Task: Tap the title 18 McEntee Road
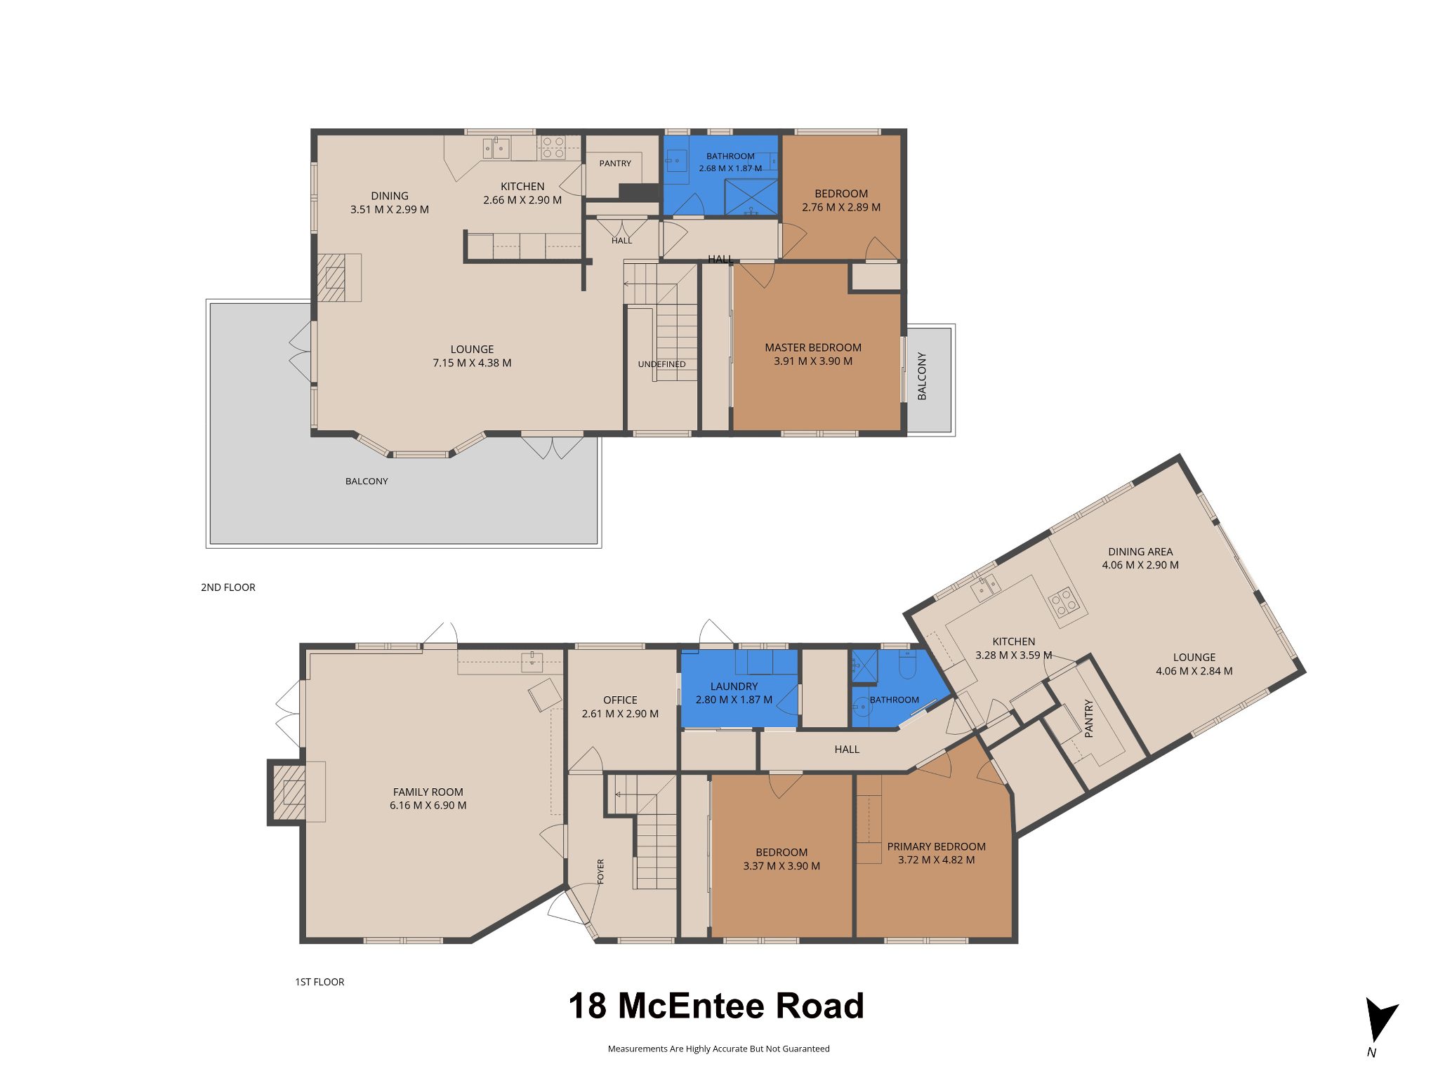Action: (x=716, y=1006)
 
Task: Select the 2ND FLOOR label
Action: (x=228, y=587)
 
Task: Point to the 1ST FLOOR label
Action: (x=319, y=982)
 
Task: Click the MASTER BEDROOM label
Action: (x=813, y=347)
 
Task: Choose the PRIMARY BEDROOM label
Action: (x=937, y=846)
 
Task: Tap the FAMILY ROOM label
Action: (x=428, y=792)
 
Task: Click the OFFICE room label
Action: (x=620, y=700)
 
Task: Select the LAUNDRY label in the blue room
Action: (x=734, y=686)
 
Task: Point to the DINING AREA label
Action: (x=1140, y=552)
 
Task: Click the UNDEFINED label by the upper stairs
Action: (x=661, y=364)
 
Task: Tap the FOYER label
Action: (x=600, y=872)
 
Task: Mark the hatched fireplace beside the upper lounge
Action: (x=332, y=278)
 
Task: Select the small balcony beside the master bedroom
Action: (x=930, y=379)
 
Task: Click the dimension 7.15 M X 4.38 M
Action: (x=472, y=363)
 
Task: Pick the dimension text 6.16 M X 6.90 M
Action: (x=428, y=806)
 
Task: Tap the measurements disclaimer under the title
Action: (x=718, y=1049)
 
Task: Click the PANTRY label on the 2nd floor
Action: (x=615, y=164)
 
